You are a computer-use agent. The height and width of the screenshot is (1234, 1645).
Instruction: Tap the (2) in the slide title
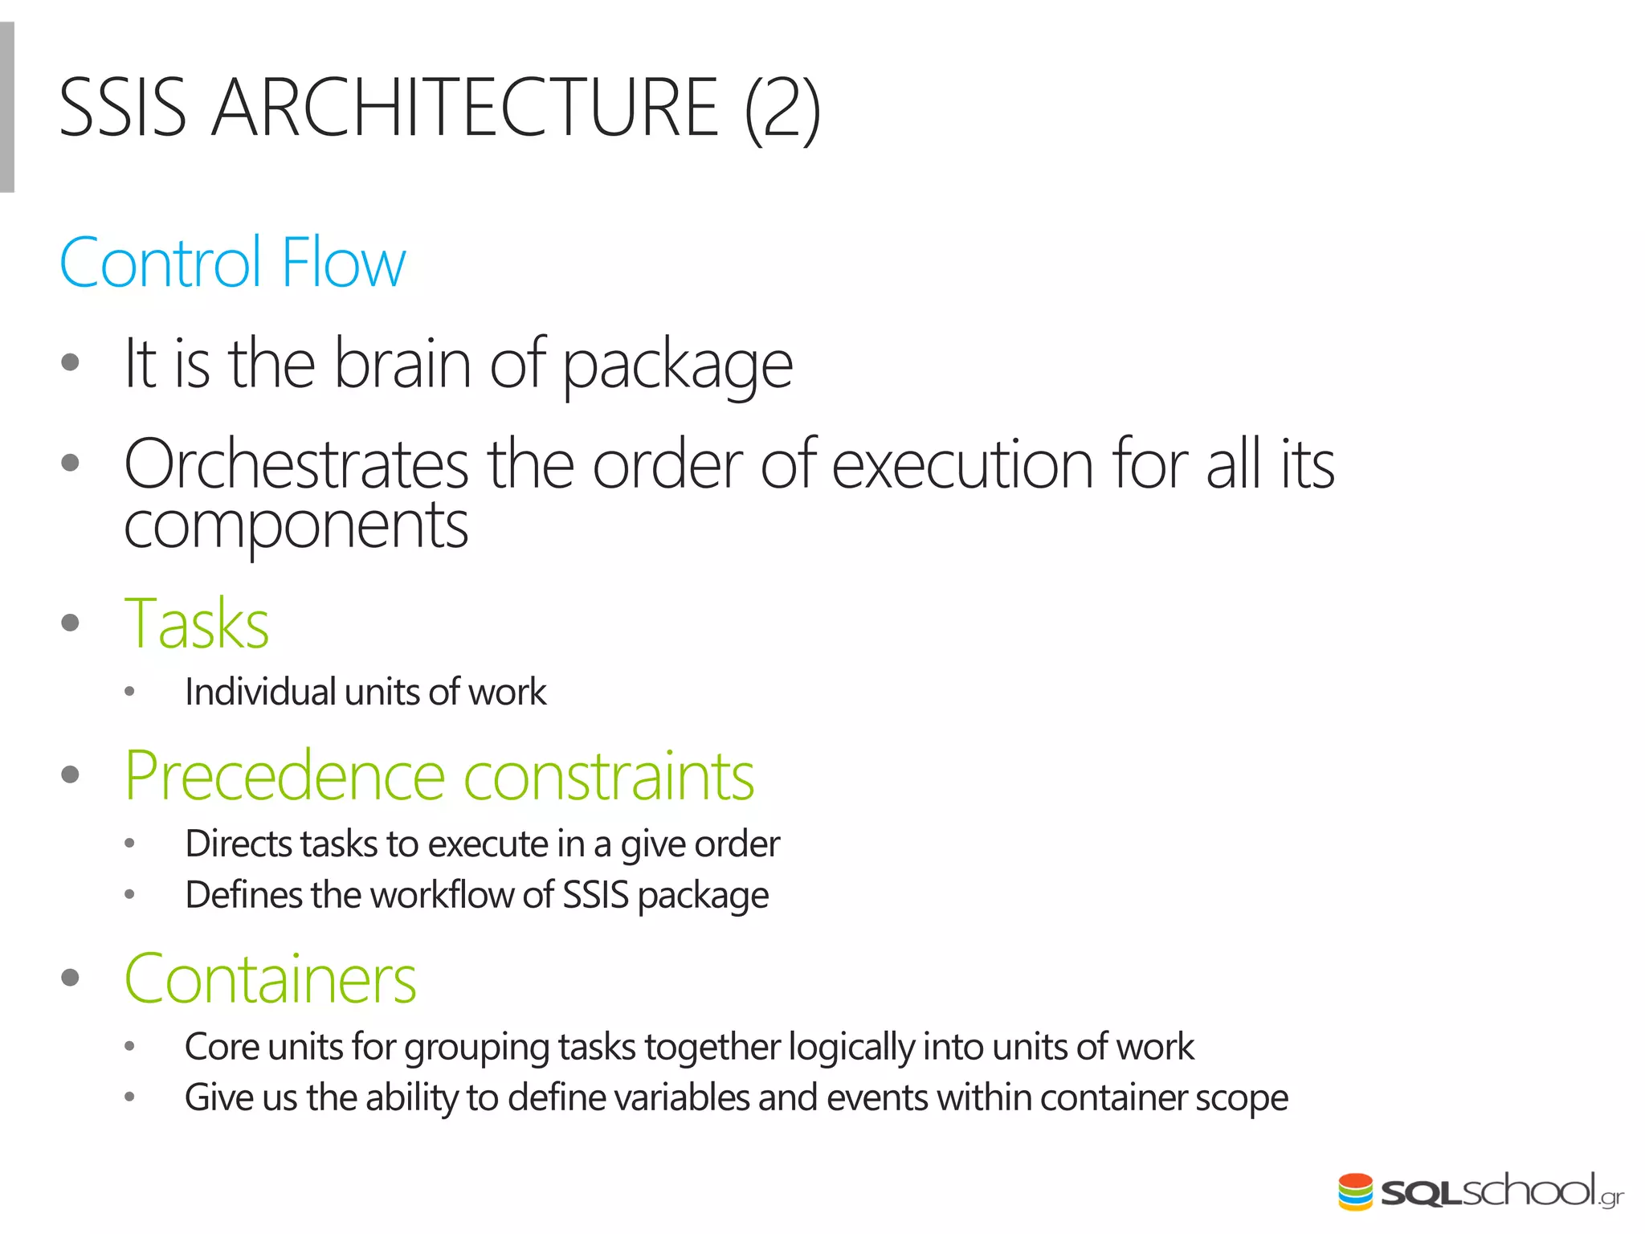point(782,109)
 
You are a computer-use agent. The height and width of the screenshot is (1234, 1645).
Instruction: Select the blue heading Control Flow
point(233,263)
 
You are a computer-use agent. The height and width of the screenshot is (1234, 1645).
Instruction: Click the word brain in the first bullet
point(402,364)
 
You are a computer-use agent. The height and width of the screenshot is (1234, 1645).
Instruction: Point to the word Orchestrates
point(296,465)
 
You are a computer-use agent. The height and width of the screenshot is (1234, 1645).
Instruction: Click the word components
point(296,526)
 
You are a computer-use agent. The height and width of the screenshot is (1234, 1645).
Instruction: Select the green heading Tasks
point(197,624)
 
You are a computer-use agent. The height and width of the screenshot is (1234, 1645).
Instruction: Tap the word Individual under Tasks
point(259,693)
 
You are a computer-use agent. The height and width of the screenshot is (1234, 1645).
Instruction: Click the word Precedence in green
point(284,776)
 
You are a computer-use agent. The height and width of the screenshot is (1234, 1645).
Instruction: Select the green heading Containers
point(271,979)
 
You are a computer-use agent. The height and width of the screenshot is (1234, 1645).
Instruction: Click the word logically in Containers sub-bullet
point(851,1047)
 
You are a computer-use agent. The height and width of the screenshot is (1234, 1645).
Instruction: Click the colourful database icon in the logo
point(1355,1191)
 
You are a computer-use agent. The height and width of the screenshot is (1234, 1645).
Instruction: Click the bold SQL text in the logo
point(1420,1193)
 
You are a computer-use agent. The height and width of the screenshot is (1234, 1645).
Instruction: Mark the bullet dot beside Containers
point(71,978)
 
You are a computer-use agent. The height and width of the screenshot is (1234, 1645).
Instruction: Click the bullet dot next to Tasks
point(71,623)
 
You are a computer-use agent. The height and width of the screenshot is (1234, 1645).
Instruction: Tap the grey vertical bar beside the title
point(6,108)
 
